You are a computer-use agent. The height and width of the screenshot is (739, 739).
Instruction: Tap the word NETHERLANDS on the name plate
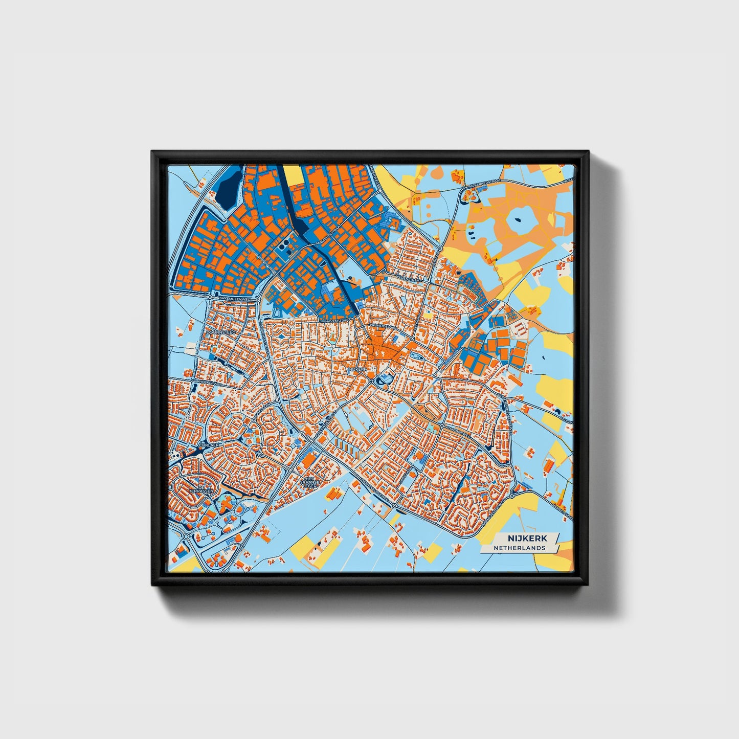[x=519, y=548]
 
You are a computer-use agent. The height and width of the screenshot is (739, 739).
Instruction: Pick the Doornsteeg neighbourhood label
[x=220, y=333]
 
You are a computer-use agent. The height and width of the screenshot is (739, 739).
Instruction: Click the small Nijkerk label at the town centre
[x=357, y=369]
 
